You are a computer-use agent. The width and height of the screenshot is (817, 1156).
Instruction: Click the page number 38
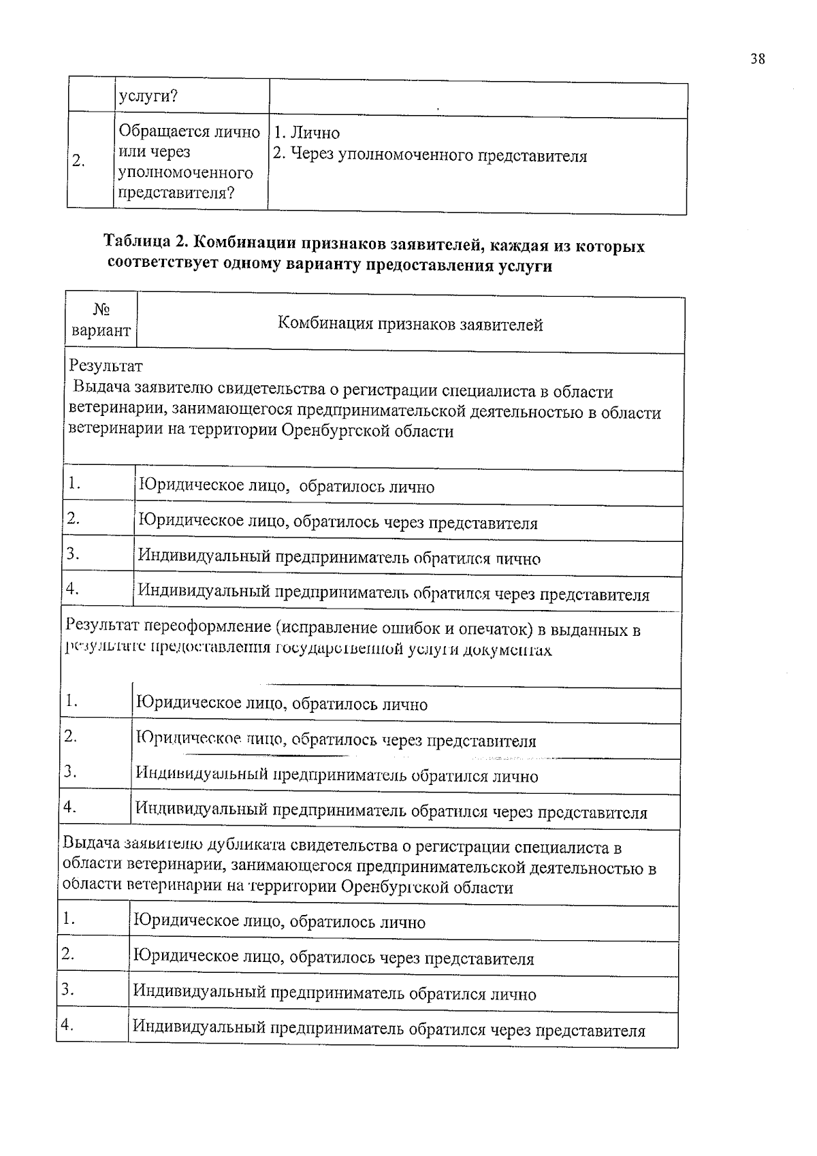[758, 59]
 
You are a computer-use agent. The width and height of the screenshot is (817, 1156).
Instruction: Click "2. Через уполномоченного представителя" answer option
[430, 156]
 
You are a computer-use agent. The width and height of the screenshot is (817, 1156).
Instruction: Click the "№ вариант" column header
[101, 321]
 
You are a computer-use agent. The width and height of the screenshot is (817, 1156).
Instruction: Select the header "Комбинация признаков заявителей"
[410, 325]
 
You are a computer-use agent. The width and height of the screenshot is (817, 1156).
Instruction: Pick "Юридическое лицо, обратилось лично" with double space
[286, 487]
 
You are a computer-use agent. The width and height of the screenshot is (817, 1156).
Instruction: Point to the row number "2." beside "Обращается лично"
[78, 161]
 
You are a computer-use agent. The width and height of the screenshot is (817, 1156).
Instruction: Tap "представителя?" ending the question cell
[176, 193]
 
